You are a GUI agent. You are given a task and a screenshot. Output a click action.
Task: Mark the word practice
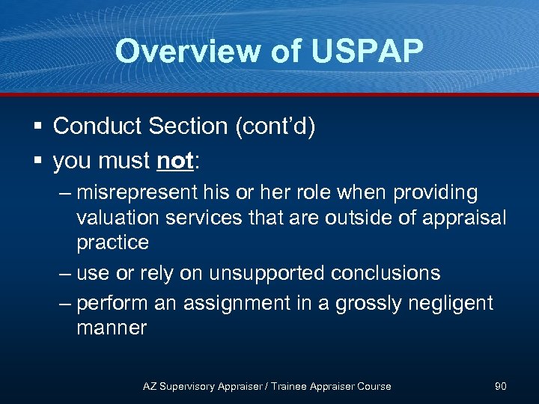pos(112,242)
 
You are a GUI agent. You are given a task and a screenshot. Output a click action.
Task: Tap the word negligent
pos(450,303)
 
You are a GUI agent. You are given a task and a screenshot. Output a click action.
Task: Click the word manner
pos(112,328)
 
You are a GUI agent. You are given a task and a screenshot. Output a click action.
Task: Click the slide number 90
pos(501,386)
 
